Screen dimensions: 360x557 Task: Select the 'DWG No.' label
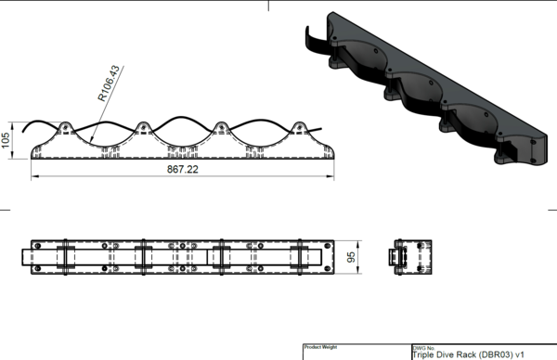coord(424,346)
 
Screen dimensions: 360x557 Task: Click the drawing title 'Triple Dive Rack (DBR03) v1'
coord(461,354)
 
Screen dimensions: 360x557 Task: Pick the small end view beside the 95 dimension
coord(409,256)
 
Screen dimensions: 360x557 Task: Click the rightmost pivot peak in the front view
coord(300,128)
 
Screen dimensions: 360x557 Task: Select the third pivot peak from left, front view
coord(221,128)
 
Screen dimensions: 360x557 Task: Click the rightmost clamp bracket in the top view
coord(300,256)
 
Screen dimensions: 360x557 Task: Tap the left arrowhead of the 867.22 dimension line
coord(35,176)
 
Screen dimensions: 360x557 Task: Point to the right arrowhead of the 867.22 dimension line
coord(329,176)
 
